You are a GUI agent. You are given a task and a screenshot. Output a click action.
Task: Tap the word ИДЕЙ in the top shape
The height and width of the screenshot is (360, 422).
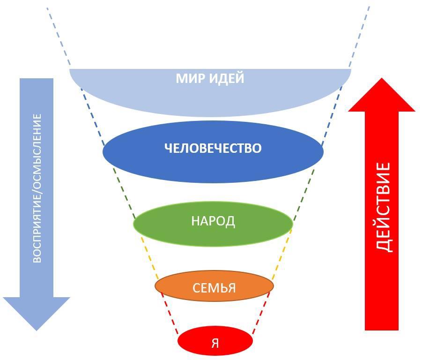coord(227,78)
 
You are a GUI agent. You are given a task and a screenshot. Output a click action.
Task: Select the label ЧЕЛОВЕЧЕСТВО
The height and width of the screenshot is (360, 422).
coord(213,148)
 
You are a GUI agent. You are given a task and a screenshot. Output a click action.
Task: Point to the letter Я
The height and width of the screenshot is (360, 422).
coord(215,343)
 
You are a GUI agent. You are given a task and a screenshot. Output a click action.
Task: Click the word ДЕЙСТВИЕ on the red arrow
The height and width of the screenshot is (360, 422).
coord(383,207)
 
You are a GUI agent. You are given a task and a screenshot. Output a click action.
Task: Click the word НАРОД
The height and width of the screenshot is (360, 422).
coord(213,221)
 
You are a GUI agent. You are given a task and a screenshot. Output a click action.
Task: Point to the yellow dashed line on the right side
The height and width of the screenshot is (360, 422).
coord(281,258)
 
